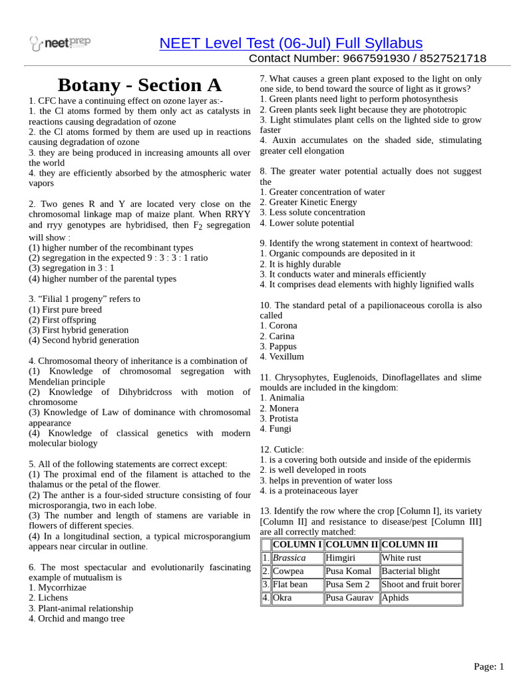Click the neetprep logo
[x=60, y=44]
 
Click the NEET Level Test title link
[x=291, y=43]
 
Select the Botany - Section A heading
[x=140, y=85]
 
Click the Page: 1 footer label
[x=488, y=666]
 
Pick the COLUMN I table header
[x=297, y=545]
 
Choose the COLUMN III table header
[x=409, y=545]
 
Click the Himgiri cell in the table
[x=341, y=558]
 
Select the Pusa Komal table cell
[x=349, y=571]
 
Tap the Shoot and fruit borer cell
[x=421, y=585]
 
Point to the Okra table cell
[x=282, y=598]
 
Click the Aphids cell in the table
[x=395, y=598]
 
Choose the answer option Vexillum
[x=286, y=356]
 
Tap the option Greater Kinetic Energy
[x=312, y=202]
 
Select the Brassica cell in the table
[x=289, y=558]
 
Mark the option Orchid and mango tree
[x=81, y=618]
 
